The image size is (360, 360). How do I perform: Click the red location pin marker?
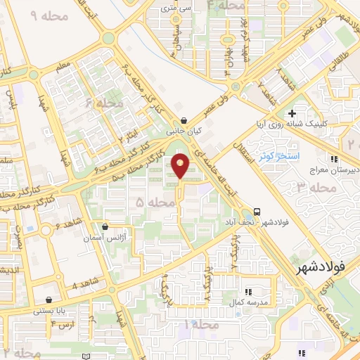[x=181, y=167]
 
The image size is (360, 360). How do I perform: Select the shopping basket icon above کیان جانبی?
[x=184, y=120]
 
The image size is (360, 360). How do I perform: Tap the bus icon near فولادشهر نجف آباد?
[x=257, y=212]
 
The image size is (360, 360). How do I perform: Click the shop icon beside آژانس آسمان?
[x=105, y=227]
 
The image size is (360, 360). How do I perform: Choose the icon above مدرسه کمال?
[x=247, y=291]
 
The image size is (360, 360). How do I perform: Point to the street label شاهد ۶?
[x=67, y=226]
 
